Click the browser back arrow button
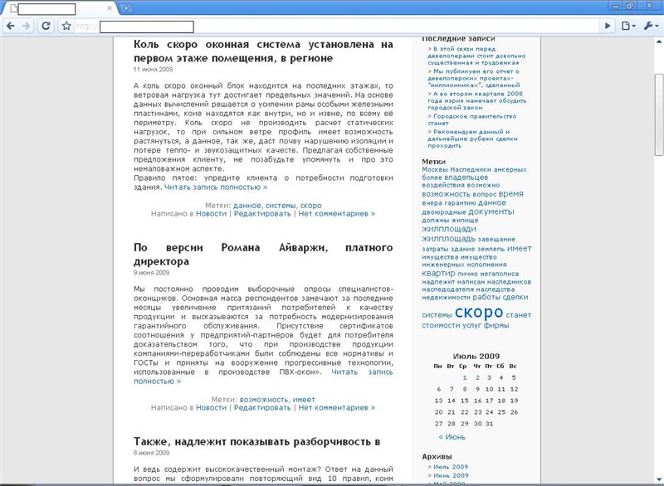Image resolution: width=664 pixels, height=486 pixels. [11, 26]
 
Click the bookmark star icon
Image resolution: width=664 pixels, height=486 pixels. [66, 26]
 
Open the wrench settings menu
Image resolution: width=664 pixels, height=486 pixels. [650, 26]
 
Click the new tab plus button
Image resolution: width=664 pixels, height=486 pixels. [126, 8]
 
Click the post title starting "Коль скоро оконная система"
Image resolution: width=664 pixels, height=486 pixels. [263, 51]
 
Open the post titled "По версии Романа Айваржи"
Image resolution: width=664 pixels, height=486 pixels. [263, 254]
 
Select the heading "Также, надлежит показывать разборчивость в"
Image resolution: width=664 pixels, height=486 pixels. [256, 441]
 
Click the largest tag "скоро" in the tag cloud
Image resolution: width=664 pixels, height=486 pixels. [479, 312]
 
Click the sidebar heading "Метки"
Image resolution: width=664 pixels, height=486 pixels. [433, 161]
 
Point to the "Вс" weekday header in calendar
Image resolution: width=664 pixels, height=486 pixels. [513, 366]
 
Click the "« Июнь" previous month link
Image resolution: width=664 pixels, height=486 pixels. [452, 436]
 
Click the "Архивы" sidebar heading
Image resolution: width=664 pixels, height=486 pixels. [437, 456]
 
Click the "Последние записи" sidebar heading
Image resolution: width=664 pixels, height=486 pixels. [458, 39]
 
